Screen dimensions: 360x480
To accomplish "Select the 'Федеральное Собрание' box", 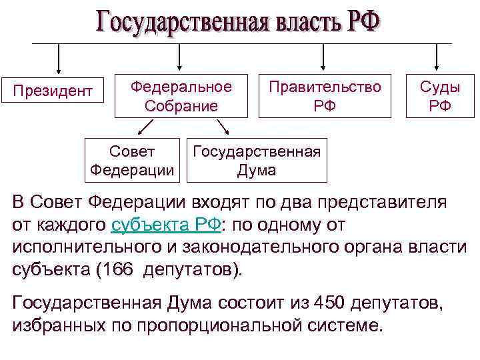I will (x=181, y=95).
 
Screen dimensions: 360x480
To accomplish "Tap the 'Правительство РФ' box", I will (x=325, y=95).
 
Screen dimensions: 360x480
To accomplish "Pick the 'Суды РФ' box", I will (x=439, y=95).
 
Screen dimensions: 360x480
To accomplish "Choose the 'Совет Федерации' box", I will (x=133, y=161).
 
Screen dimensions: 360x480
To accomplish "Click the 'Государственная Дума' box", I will (x=257, y=161).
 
